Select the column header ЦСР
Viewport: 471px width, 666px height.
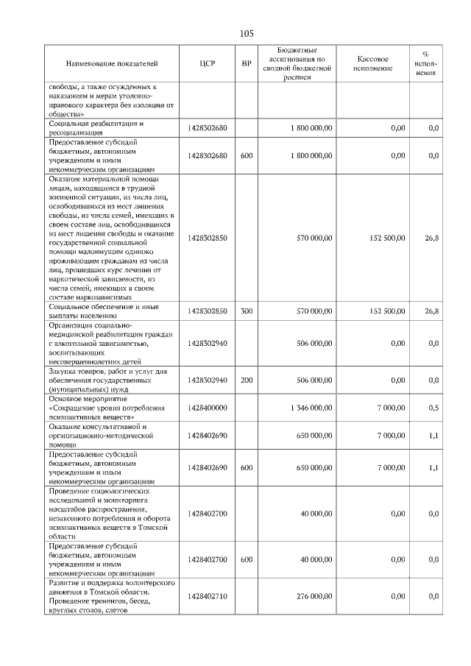tap(207, 63)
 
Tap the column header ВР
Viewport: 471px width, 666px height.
tap(247, 63)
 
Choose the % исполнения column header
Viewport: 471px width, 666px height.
tap(425, 63)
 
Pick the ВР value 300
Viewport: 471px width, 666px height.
tap(247, 311)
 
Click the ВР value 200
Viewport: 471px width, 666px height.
tap(247, 380)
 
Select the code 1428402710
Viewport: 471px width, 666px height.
tap(207, 596)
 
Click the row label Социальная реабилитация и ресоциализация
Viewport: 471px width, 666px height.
tap(96, 128)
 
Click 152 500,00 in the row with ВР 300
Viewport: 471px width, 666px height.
tap(383, 311)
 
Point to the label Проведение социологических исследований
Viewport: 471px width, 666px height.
tap(99, 496)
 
